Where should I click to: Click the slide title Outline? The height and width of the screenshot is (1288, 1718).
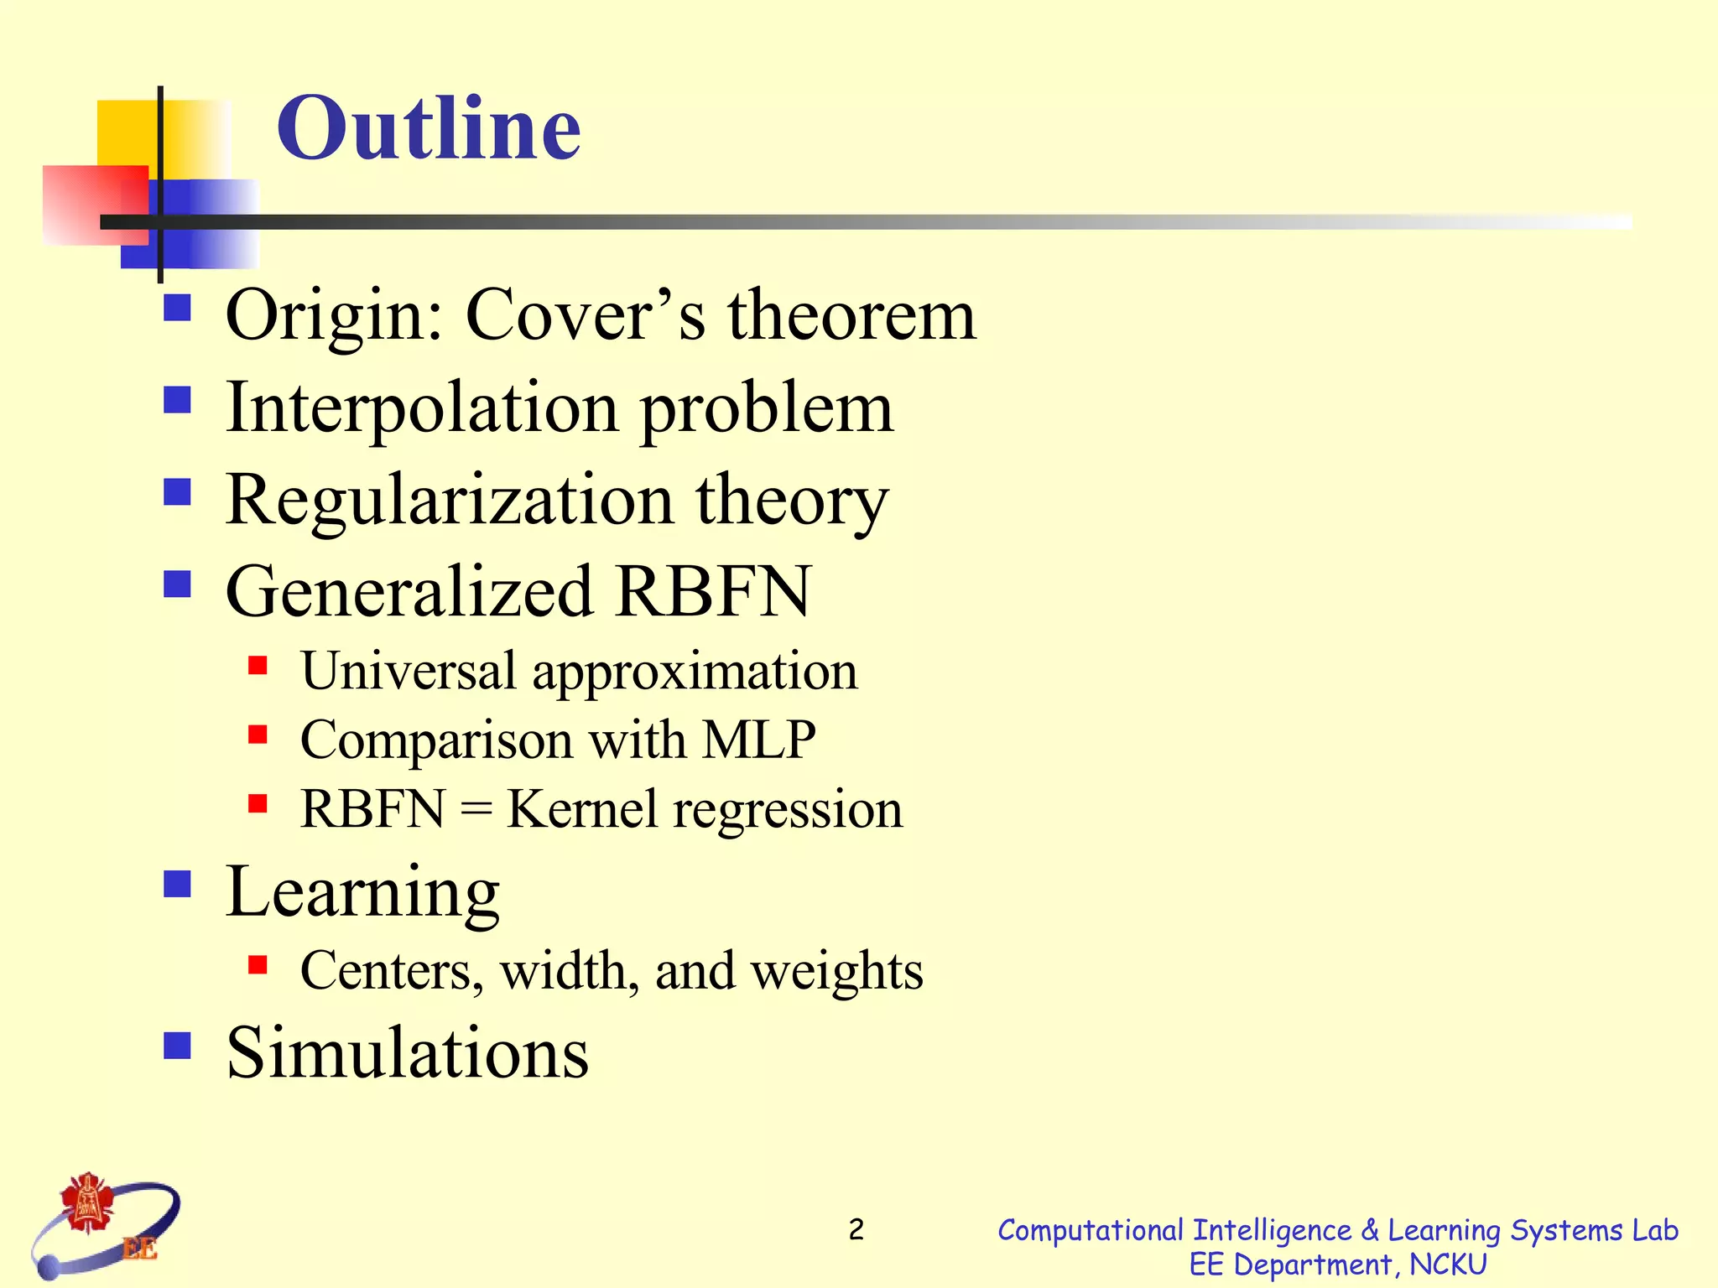click(x=428, y=127)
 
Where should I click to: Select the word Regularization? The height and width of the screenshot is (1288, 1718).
click(x=450, y=501)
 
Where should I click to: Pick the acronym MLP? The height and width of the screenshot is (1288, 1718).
click(x=758, y=740)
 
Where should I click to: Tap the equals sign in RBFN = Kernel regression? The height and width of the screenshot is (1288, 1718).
click(x=476, y=811)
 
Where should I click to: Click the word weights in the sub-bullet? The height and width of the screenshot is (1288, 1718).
click(x=836, y=971)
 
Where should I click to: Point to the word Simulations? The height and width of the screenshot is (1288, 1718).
click(x=408, y=1052)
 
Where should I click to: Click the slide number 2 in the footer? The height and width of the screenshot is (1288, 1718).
click(x=856, y=1229)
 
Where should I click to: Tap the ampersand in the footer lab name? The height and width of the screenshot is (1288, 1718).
click(x=1369, y=1230)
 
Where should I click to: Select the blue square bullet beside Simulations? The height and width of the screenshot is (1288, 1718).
click(x=177, y=1045)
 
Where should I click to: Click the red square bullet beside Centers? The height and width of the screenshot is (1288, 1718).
click(x=258, y=965)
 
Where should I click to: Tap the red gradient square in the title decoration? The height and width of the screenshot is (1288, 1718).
click(x=94, y=205)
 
